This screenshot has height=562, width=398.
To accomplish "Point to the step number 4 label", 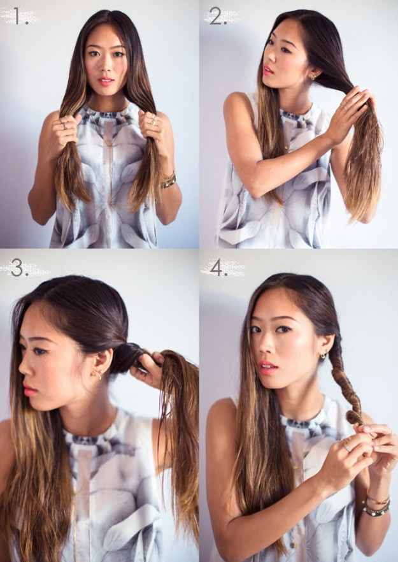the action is [x=218, y=268].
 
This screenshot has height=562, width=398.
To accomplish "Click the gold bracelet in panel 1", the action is [x=168, y=181].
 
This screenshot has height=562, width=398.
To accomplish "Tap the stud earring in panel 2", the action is [x=312, y=76].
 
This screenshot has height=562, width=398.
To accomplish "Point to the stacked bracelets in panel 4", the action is [x=376, y=505].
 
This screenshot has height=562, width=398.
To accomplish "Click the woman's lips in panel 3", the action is [x=27, y=390].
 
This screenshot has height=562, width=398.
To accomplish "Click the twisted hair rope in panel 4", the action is [x=344, y=384].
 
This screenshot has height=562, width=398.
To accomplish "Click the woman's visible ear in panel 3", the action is [x=99, y=365].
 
